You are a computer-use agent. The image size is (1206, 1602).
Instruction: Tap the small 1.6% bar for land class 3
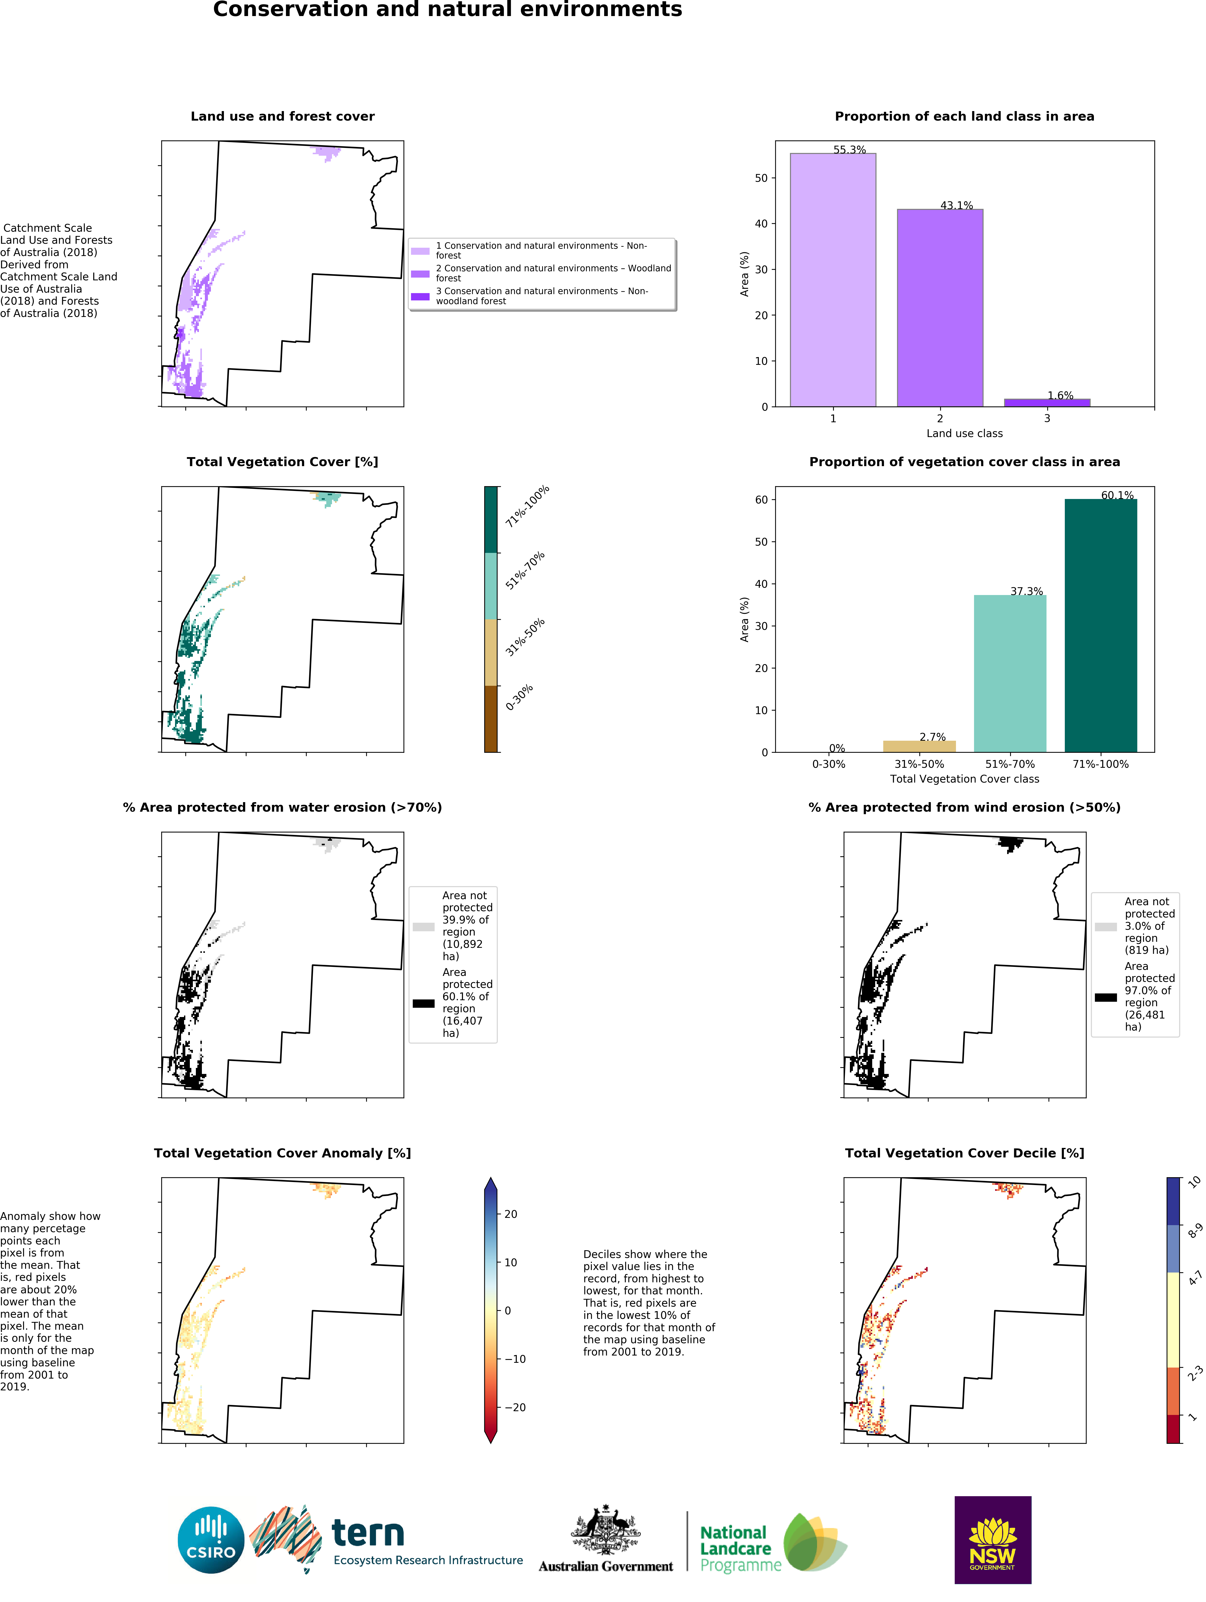tap(1047, 403)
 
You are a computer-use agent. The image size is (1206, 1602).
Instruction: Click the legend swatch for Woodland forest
tap(420, 274)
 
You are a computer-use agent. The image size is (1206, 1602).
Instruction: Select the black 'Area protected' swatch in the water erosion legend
tap(424, 1003)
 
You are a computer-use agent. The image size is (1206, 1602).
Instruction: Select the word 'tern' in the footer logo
tap(368, 1533)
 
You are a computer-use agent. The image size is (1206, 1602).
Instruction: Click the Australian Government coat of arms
tap(606, 1530)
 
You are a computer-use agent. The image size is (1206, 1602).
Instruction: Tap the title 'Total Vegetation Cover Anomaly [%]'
tap(282, 1153)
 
